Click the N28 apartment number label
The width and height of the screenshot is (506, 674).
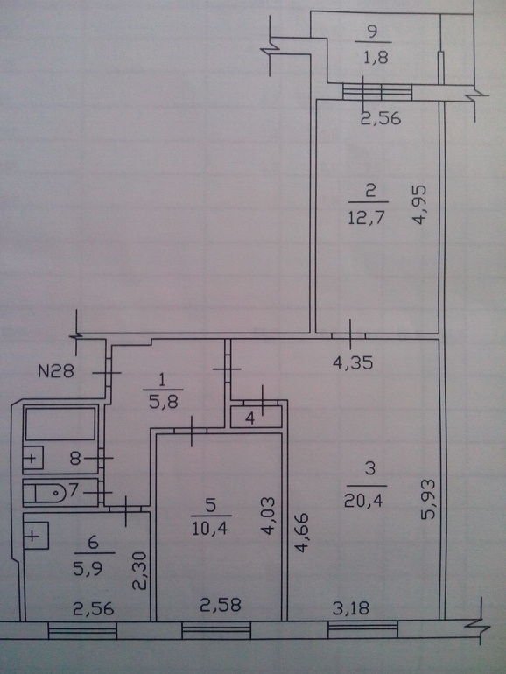click(x=56, y=371)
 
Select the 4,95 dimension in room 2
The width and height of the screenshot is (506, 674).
click(x=419, y=205)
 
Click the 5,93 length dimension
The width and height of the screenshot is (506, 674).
click(x=428, y=499)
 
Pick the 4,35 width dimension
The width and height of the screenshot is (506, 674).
click(x=353, y=363)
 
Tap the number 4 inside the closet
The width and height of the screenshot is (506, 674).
click(x=250, y=418)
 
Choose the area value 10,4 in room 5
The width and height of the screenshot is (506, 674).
click(x=210, y=529)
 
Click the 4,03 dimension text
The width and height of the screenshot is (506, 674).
click(x=267, y=516)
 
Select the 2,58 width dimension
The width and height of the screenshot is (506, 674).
click(x=221, y=605)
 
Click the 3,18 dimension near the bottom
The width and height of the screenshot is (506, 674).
click(x=351, y=608)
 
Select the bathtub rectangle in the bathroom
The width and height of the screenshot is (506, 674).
click(x=60, y=424)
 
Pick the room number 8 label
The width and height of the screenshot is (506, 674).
click(x=75, y=458)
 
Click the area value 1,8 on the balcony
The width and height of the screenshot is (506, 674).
click(x=376, y=57)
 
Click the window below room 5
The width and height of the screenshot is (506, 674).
click(x=216, y=630)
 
